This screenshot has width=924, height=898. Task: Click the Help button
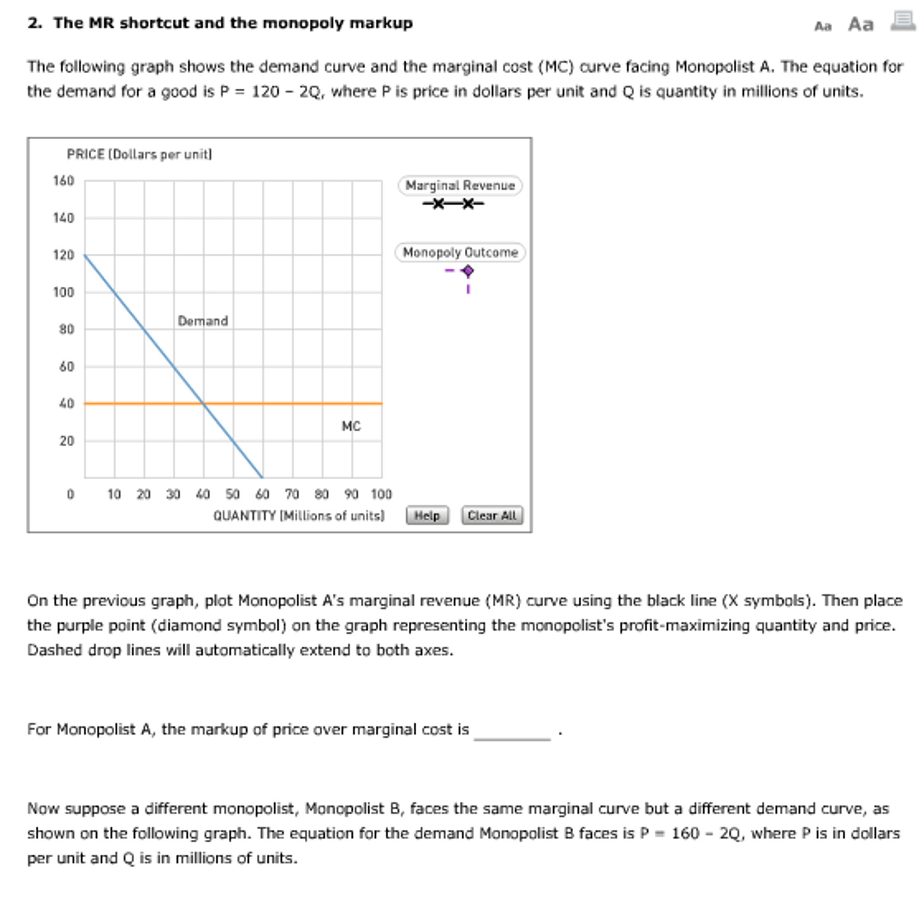click(427, 515)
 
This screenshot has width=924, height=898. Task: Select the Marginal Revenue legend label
click(460, 185)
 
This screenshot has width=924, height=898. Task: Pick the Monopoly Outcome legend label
click(460, 253)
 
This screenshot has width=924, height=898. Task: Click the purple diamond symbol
click(468, 271)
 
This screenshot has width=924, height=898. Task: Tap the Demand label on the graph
click(203, 321)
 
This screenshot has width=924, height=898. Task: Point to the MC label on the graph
click(351, 426)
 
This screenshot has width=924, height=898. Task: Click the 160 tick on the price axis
click(64, 181)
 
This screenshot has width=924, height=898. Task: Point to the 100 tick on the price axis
click(64, 292)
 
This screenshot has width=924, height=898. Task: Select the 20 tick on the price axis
click(67, 441)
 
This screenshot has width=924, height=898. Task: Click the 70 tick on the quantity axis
click(292, 494)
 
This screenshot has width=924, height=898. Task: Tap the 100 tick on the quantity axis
click(381, 494)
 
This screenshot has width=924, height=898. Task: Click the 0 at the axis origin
click(71, 494)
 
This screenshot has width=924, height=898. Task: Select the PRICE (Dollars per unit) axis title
click(140, 154)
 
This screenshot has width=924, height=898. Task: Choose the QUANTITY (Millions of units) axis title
click(299, 515)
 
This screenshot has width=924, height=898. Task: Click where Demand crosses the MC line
click(203, 404)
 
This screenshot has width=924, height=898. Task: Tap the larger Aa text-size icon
click(861, 24)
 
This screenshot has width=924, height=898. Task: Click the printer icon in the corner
click(903, 22)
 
